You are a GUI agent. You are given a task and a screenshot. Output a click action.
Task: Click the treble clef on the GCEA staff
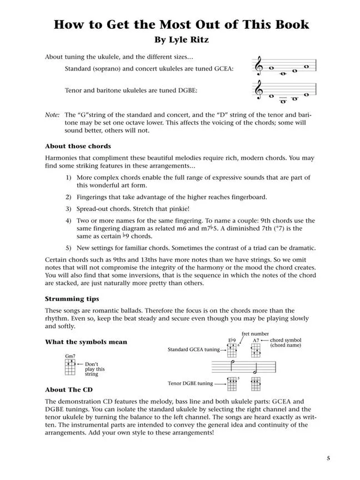[x=258, y=67]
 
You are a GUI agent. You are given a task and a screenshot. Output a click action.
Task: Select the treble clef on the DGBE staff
[x=258, y=91]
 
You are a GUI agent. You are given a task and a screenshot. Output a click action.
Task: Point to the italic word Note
[x=52, y=114]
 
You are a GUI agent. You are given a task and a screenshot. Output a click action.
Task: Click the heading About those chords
[x=78, y=147]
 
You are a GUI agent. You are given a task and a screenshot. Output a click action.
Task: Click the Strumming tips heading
[x=72, y=299]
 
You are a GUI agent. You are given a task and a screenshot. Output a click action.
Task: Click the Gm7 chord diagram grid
[x=69, y=366]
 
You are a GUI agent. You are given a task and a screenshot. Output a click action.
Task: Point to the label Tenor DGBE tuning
[x=189, y=383]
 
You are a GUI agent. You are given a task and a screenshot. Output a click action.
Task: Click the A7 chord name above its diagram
[x=256, y=340]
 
